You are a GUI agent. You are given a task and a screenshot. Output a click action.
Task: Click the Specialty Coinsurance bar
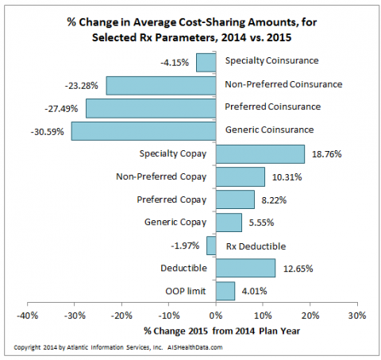[x=206, y=61]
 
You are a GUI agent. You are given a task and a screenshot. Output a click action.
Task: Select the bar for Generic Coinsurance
[x=144, y=130]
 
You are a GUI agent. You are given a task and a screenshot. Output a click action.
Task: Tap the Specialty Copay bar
[x=260, y=153]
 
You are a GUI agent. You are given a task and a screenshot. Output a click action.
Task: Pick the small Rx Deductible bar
[x=211, y=246]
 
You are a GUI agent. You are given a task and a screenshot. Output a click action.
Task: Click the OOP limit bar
[x=225, y=292]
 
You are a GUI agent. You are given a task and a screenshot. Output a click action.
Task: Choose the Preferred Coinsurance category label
[x=273, y=107]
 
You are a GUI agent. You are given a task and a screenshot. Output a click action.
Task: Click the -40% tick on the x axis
[x=28, y=315]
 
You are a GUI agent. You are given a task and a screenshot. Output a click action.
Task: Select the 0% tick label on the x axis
[x=216, y=315]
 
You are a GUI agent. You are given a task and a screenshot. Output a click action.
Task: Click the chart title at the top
[x=190, y=30]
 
